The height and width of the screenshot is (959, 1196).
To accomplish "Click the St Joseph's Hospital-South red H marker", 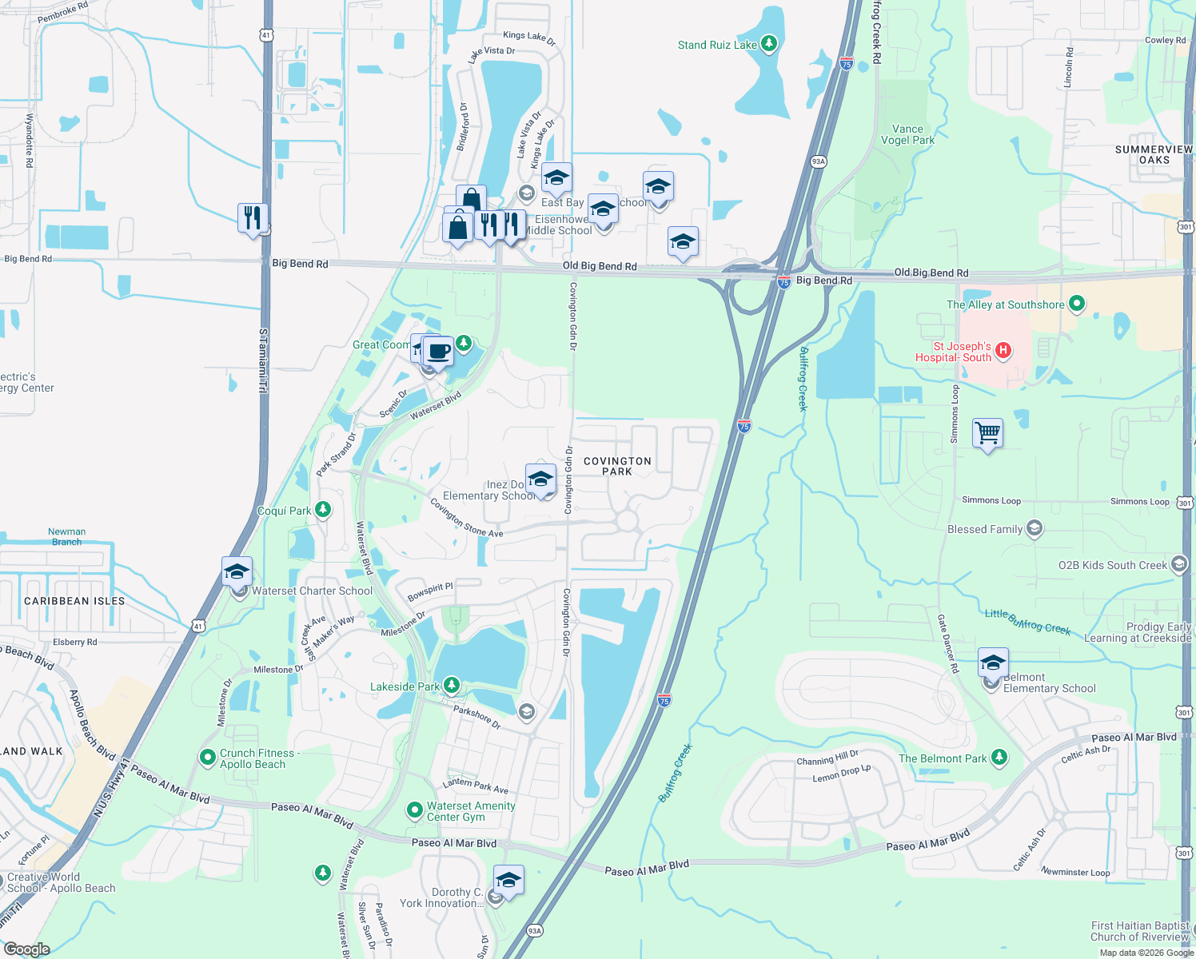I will [1003, 350].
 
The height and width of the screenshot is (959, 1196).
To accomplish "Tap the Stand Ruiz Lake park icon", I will [769, 43].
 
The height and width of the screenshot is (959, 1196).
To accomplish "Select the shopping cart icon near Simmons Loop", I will [987, 432].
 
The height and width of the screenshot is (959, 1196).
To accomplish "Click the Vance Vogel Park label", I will [907, 134].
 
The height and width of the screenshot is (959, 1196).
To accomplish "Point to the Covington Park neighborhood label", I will [617, 466].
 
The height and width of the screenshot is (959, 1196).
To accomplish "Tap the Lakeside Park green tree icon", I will [452, 686].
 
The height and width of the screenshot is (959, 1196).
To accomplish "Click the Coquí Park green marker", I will [323, 509].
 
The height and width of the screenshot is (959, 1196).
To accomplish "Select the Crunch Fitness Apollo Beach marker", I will [208, 756].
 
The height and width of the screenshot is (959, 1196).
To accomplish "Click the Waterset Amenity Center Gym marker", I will [414, 810].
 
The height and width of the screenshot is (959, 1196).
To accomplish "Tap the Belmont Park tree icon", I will [999, 757].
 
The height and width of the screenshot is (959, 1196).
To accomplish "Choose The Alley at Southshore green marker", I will [1077, 304].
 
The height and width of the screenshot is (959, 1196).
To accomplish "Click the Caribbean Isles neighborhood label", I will [74, 601].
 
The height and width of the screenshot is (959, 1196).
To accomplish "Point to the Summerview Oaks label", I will [1154, 154].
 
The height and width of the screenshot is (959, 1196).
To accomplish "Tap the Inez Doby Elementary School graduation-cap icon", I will [540, 479].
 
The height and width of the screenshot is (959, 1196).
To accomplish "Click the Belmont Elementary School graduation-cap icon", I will [992, 663].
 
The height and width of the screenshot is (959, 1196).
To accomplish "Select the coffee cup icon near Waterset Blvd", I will [438, 351].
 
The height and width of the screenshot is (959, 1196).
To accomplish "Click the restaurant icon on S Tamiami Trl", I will [252, 217].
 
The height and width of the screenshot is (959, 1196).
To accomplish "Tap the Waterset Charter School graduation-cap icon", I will [237, 571].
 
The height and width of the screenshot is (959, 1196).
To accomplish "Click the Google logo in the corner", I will [26, 949].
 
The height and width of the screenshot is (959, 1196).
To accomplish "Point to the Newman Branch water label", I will [67, 536].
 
